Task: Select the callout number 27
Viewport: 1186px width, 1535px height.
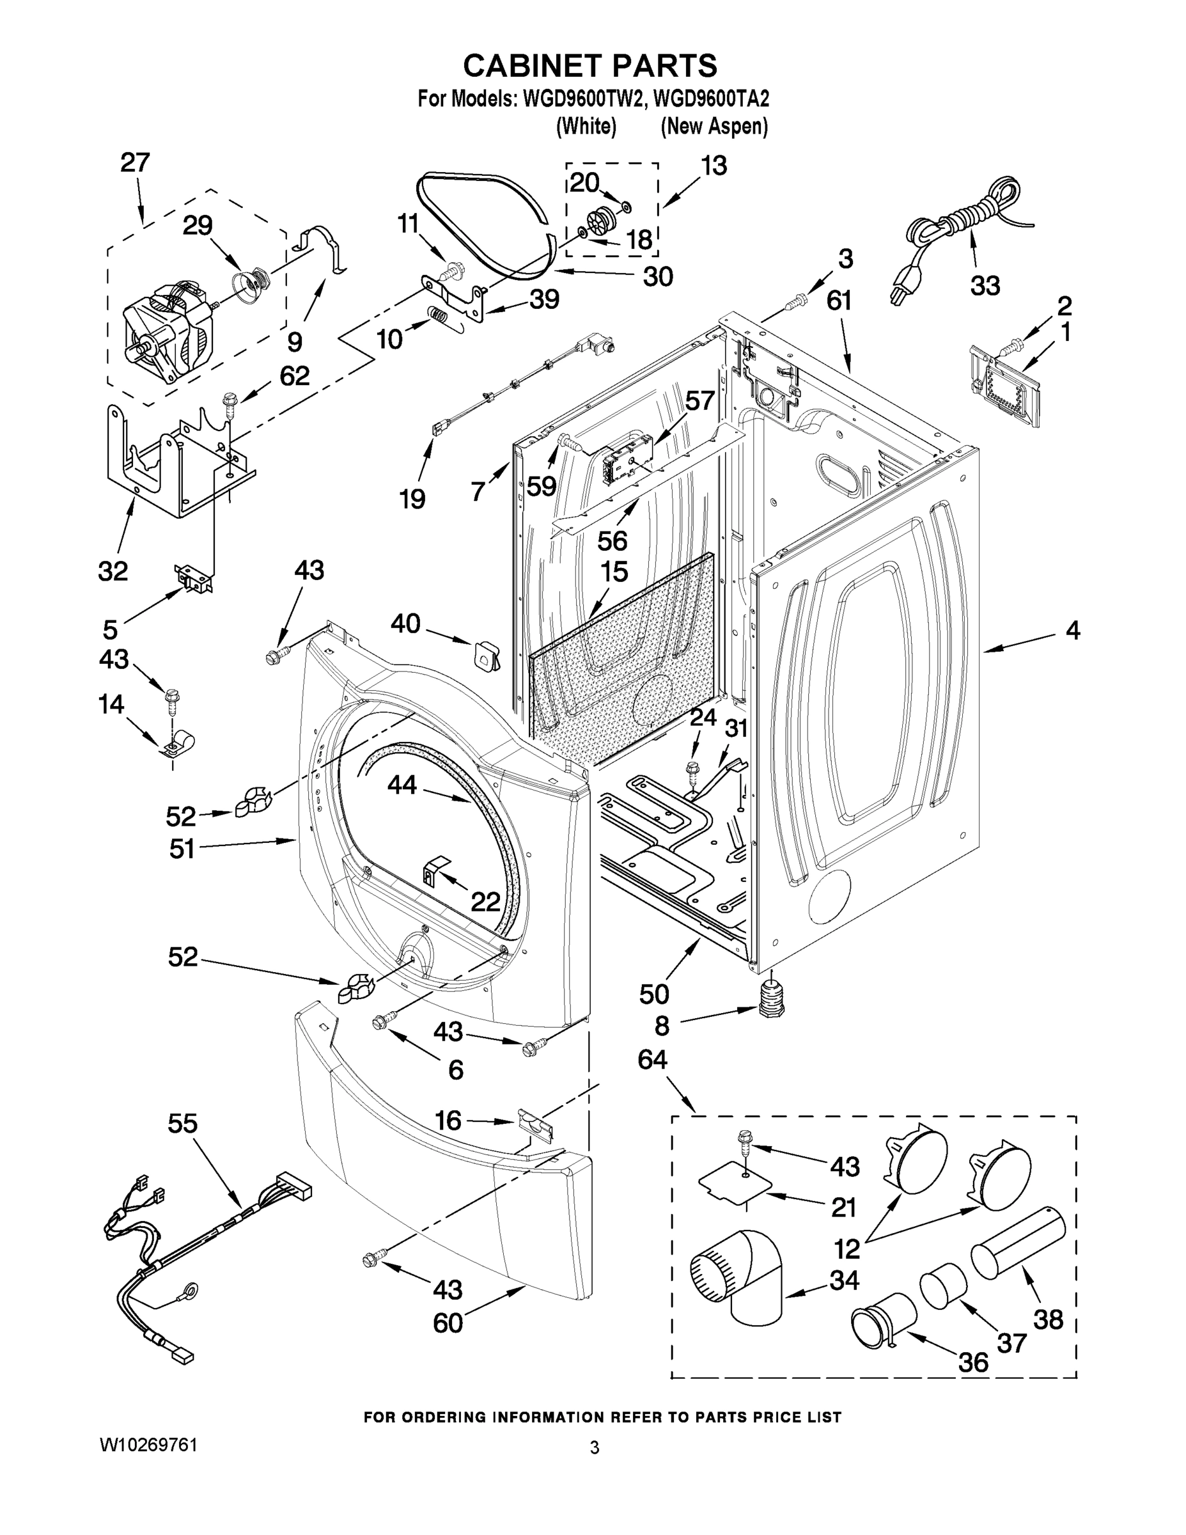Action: click(x=135, y=163)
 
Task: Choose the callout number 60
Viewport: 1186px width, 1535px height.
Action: click(x=448, y=1323)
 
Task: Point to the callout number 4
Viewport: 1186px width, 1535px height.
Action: click(x=1072, y=631)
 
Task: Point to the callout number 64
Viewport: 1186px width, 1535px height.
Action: click(x=652, y=1059)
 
